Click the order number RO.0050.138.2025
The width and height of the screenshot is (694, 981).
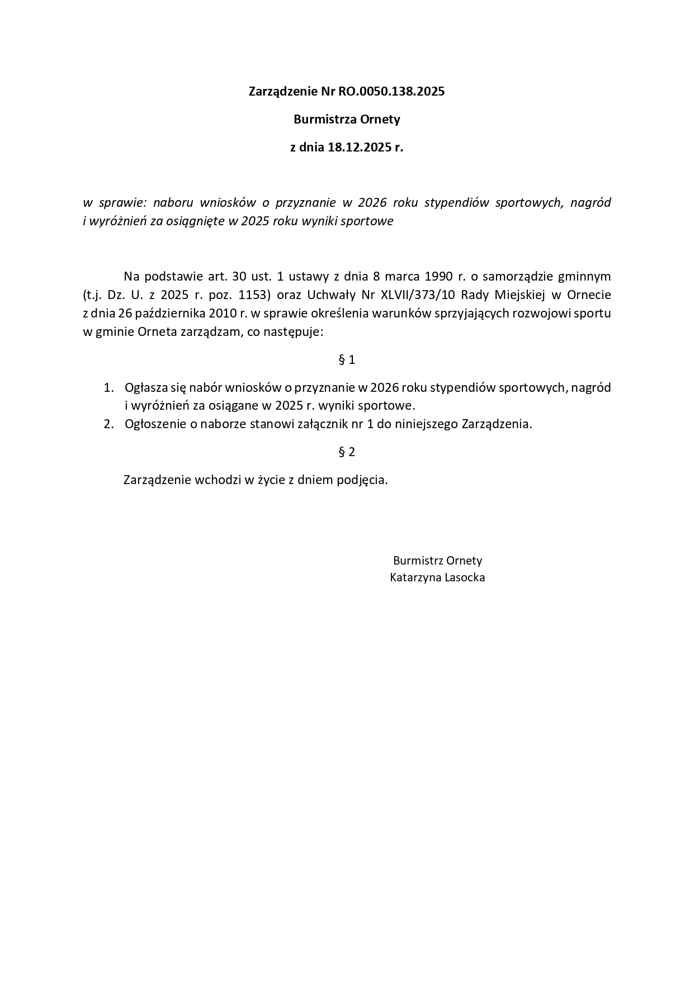coord(391,92)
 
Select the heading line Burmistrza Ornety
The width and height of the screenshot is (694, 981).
coord(347,120)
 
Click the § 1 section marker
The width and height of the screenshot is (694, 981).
coord(347,360)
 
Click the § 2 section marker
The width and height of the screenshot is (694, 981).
coord(347,452)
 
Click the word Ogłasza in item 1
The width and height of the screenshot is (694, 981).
coord(144,387)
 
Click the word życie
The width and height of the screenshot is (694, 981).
coord(271,480)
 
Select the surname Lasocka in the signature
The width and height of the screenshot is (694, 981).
coord(464,578)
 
